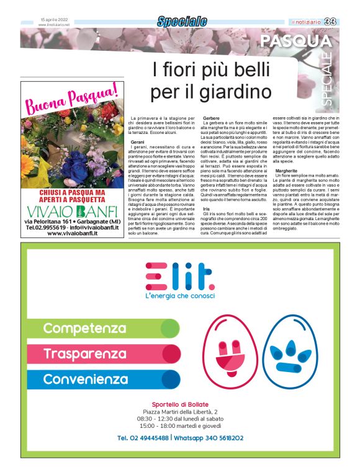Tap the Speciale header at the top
point(181,22)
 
